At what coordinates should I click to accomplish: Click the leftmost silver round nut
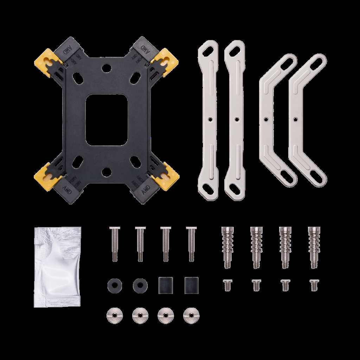(x=113, y=314)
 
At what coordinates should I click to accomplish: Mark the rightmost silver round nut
(x=190, y=314)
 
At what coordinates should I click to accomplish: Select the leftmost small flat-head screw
(x=226, y=285)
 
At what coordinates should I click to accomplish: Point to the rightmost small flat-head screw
(x=313, y=285)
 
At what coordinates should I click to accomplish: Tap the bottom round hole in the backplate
(x=106, y=172)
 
